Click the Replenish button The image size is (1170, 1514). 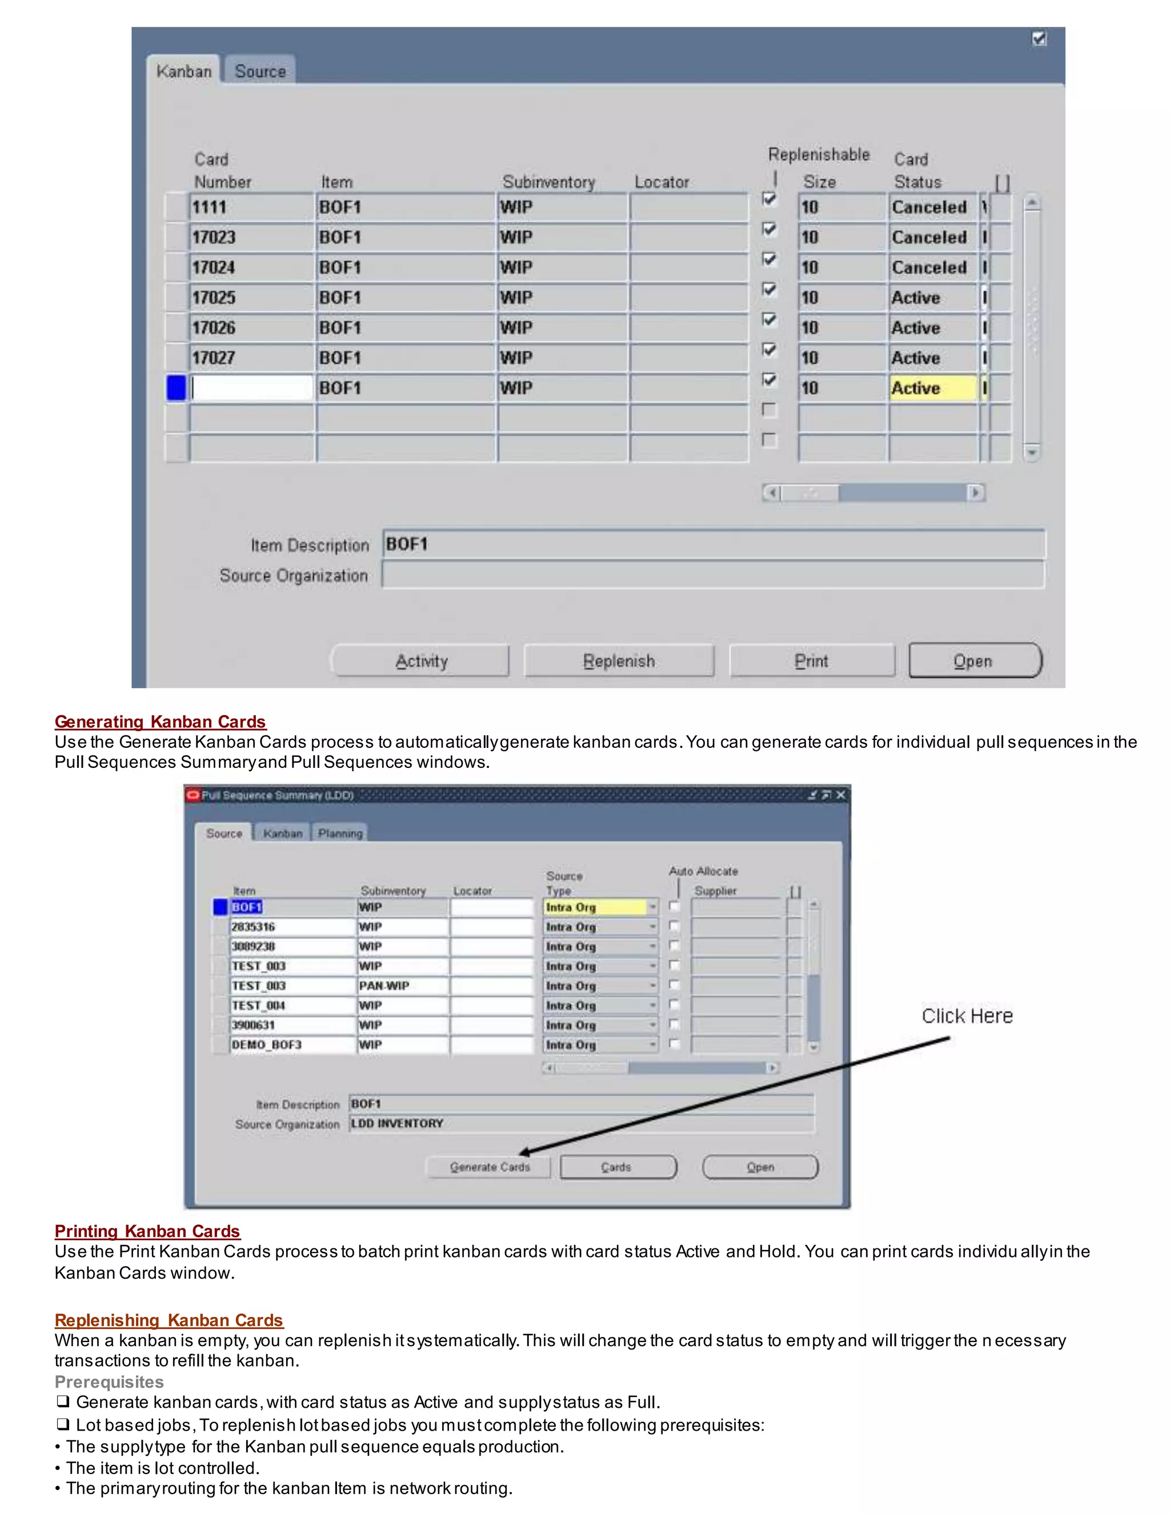click(618, 660)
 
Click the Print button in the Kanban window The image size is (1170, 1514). click(811, 660)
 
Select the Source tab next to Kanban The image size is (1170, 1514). click(260, 71)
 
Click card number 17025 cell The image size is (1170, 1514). click(251, 298)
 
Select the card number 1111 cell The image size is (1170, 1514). click(251, 207)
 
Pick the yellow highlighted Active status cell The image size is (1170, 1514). click(932, 387)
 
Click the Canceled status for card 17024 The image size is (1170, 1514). click(932, 267)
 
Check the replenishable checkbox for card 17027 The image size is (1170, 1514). click(769, 350)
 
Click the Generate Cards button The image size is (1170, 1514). click(490, 1167)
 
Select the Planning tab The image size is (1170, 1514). click(340, 832)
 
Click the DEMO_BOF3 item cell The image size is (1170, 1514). click(292, 1044)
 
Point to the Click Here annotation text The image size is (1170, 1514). click(966, 1016)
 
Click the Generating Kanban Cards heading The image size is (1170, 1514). click(160, 722)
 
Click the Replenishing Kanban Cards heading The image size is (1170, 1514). click(169, 1320)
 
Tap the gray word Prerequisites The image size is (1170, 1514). click(109, 1381)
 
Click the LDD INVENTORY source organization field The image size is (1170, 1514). click(581, 1123)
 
